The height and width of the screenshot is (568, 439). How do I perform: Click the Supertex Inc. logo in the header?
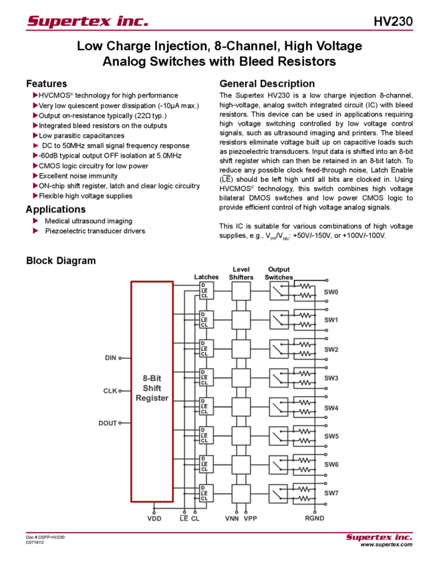pyautogui.click(x=88, y=21)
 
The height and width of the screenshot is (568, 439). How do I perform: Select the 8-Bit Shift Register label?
pyautogui.click(x=152, y=388)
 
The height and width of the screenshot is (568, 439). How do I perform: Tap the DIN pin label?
pyautogui.click(x=111, y=358)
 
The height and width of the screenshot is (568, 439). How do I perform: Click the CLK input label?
pyautogui.click(x=112, y=390)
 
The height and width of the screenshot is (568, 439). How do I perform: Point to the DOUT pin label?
pyautogui.click(x=109, y=422)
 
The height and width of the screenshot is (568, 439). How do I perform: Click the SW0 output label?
pyautogui.click(x=331, y=292)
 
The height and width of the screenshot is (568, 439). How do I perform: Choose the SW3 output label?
pyautogui.click(x=331, y=378)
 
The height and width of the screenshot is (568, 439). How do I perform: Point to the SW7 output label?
pyautogui.click(x=331, y=493)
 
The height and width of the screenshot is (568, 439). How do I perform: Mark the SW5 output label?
pyautogui.click(x=331, y=436)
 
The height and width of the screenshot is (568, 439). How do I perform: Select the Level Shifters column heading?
pyautogui.click(x=241, y=273)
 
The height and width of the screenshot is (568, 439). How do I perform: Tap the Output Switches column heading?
pyautogui.click(x=279, y=273)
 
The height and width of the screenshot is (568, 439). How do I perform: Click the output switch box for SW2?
pyautogui.click(x=279, y=348)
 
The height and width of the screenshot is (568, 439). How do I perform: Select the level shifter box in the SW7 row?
pyautogui.click(x=241, y=493)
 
